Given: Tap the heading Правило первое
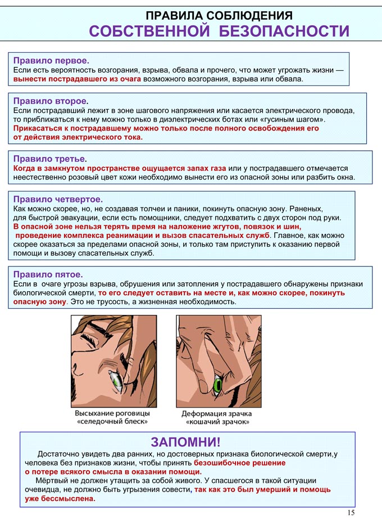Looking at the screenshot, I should [x=51, y=60].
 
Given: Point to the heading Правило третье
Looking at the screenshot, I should [x=50, y=159].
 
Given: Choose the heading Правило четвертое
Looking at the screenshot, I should [x=58, y=199].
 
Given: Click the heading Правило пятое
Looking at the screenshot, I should [x=48, y=274].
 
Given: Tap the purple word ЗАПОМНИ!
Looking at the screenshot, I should [x=186, y=442].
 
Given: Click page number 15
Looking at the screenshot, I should [x=351, y=512].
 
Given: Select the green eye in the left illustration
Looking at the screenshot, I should [x=117, y=382].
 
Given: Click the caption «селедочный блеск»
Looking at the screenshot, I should [x=112, y=421].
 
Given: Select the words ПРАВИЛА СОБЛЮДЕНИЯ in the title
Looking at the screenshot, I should [x=219, y=15].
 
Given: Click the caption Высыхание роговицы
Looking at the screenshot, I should [x=112, y=412].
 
